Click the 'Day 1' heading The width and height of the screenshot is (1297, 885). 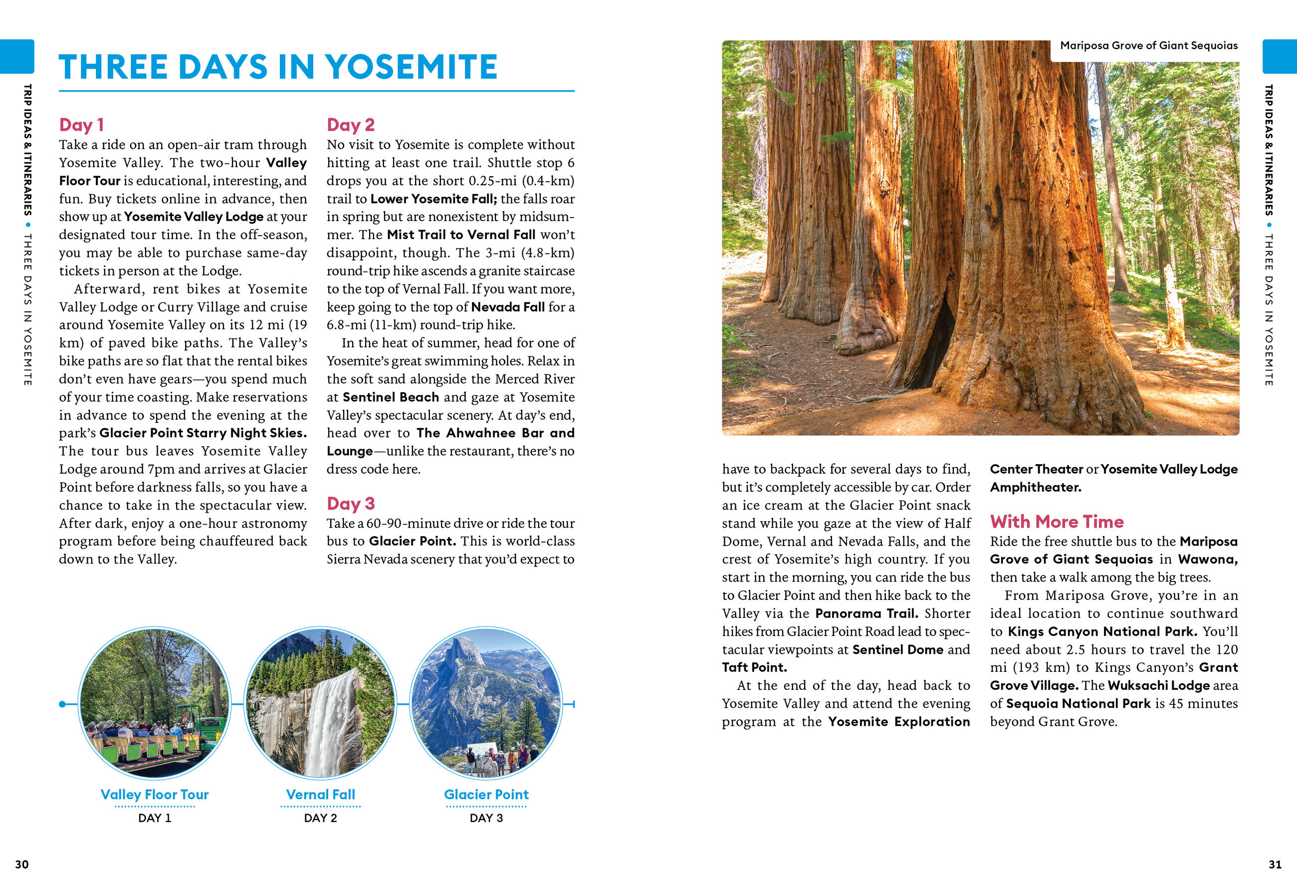(81, 124)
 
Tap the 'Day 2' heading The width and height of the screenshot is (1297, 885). (351, 124)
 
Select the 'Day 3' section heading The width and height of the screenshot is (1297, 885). (351, 503)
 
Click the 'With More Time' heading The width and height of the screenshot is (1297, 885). (1057, 521)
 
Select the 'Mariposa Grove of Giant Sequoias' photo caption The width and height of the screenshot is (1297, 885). (1148, 45)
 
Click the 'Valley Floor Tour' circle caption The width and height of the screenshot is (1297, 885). (155, 794)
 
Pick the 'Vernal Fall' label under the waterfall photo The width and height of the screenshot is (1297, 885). (320, 794)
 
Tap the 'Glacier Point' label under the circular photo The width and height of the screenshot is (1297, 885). (486, 794)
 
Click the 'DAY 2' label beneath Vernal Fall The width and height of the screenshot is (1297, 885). (320, 818)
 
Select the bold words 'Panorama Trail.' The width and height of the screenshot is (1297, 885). (866, 613)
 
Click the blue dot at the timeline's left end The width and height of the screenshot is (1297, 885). (62, 704)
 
